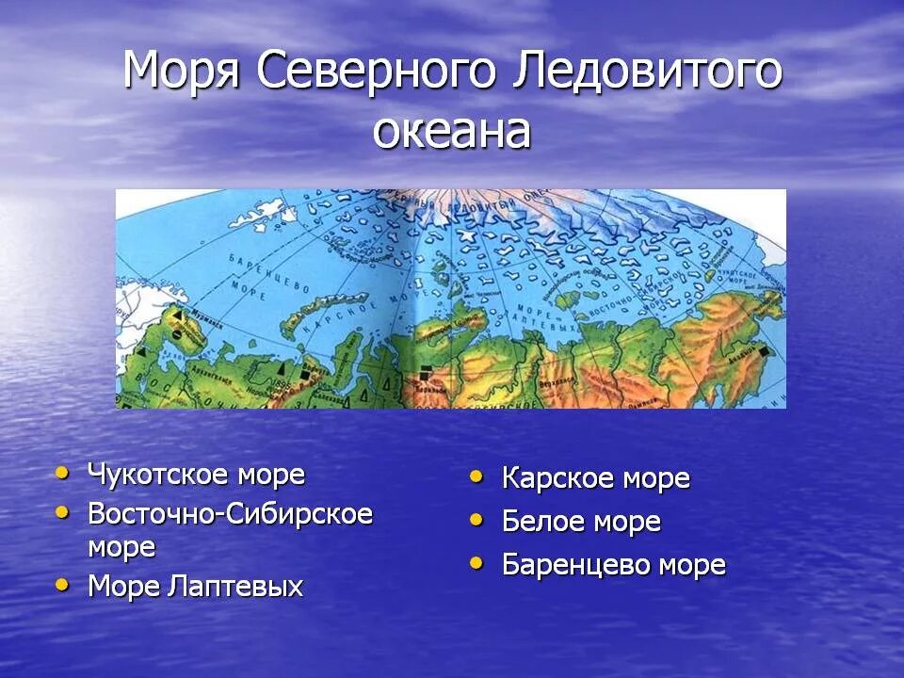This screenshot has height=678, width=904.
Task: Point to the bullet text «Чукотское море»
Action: (196, 475)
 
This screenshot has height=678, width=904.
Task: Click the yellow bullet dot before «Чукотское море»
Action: (63, 472)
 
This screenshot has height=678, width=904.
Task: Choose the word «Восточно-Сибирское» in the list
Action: (230, 514)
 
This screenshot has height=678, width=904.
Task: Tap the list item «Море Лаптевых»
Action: (195, 587)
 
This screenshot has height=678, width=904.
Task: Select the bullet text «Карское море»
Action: (595, 478)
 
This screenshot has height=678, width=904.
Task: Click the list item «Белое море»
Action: (581, 522)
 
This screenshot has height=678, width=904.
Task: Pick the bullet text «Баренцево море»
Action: (613, 565)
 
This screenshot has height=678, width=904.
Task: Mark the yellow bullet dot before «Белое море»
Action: (477, 519)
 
